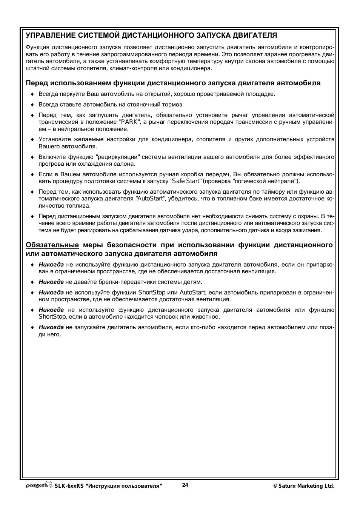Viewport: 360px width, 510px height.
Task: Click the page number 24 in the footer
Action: (x=185, y=485)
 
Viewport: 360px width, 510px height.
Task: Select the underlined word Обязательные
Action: (x=52, y=245)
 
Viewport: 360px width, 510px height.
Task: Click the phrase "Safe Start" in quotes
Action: (x=186, y=181)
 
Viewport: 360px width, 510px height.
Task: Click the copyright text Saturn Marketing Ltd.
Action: (x=306, y=486)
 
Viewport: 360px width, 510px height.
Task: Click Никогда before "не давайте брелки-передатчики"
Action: (x=51, y=282)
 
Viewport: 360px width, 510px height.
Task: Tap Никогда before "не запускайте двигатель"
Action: (x=51, y=327)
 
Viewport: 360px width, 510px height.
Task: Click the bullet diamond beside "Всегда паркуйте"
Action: (x=32, y=94)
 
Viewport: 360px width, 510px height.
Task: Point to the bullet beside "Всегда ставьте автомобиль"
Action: (x=32, y=105)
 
